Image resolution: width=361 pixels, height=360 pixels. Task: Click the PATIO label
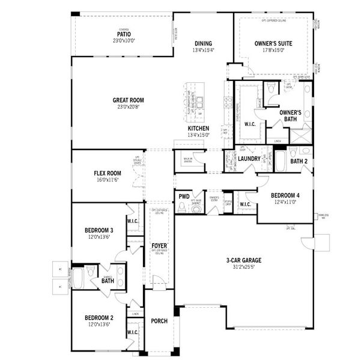(x=124, y=34)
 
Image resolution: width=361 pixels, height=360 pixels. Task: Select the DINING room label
(x=204, y=43)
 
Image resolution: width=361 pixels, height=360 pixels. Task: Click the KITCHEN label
(x=198, y=128)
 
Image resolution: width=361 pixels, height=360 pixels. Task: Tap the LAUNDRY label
(x=249, y=158)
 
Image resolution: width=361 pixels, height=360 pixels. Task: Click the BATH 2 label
(x=299, y=161)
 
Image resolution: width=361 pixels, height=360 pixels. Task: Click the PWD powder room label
(x=184, y=196)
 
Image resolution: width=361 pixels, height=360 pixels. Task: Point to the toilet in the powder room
(x=183, y=208)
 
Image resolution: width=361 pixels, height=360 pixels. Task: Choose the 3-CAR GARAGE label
(x=244, y=260)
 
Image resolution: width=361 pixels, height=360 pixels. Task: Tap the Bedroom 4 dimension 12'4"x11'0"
(x=287, y=202)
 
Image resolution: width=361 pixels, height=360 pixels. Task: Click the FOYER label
(x=159, y=246)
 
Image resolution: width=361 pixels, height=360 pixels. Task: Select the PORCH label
(x=159, y=321)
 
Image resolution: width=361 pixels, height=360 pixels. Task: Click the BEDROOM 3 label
(x=99, y=230)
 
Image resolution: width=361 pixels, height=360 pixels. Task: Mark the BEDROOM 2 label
(x=99, y=317)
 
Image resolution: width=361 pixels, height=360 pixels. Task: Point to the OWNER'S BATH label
(x=291, y=116)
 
